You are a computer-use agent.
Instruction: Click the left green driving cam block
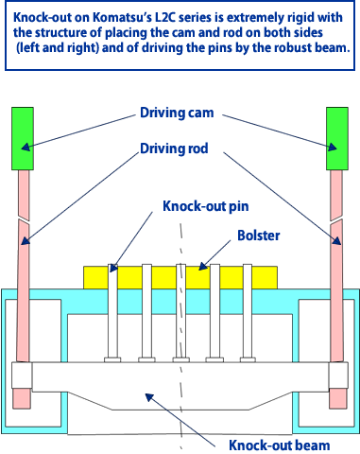coord(23,139)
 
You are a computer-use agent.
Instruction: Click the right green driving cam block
coord(337,139)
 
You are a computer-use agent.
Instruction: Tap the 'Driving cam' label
coord(177,113)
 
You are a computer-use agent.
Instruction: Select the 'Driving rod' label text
coord(174,148)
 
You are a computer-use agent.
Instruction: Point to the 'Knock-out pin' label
coord(206,206)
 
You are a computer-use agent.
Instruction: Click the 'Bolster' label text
coord(259,236)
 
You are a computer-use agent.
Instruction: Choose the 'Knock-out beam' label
coord(280,445)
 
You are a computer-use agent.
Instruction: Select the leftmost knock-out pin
coord(112,313)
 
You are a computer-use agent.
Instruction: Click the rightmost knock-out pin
coord(248,313)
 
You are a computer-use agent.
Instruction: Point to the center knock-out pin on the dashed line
coord(181,313)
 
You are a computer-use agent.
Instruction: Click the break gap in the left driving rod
coord(24,219)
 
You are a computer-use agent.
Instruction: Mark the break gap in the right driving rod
coord(336,220)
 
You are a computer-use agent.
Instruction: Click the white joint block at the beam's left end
coord(22,375)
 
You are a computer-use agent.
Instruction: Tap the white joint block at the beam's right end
coord(338,375)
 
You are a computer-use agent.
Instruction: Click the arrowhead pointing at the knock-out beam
coord(149,397)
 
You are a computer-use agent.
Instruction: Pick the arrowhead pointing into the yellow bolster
coord(203,266)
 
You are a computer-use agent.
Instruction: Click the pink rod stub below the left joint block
coord(22,398)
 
